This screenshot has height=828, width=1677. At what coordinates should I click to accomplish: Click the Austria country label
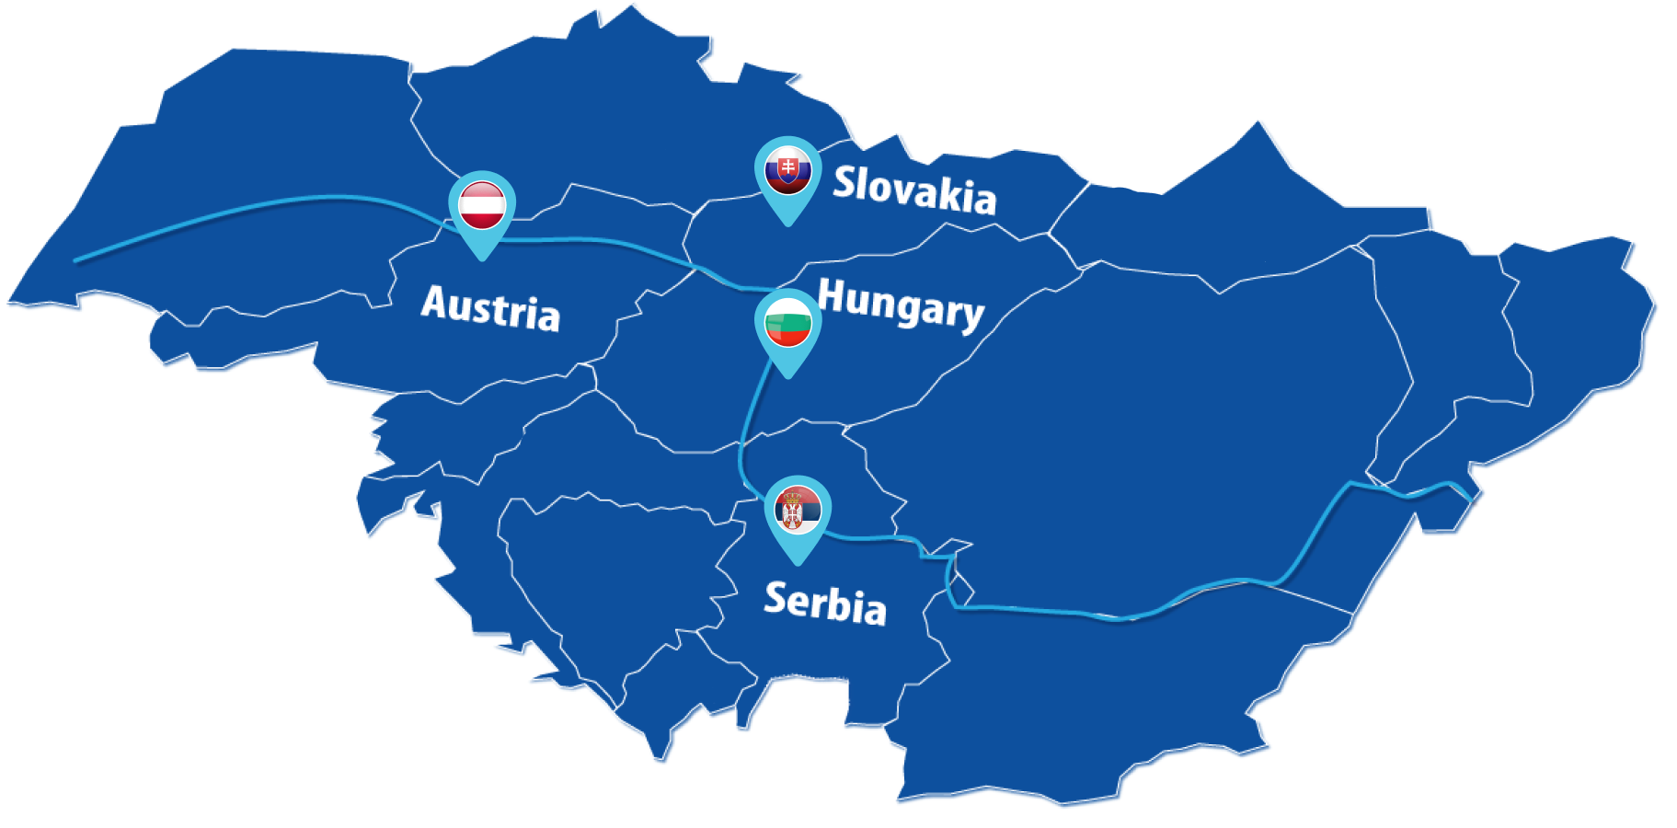(x=490, y=307)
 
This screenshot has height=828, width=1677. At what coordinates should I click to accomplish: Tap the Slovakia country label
(x=914, y=190)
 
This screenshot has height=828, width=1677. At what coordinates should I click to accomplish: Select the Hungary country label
(x=901, y=304)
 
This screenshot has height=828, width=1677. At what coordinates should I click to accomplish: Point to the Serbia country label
(x=825, y=603)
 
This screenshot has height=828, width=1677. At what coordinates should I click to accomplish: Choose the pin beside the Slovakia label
(x=788, y=175)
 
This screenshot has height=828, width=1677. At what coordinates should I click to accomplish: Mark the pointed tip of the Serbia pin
(x=797, y=563)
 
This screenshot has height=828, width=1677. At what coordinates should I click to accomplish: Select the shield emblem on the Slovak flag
(x=787, y=167)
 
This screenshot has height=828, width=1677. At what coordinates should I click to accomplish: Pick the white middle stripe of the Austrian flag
(x=482, y=204)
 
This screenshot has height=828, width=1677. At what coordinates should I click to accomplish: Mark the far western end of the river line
(x=76, y=260)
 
